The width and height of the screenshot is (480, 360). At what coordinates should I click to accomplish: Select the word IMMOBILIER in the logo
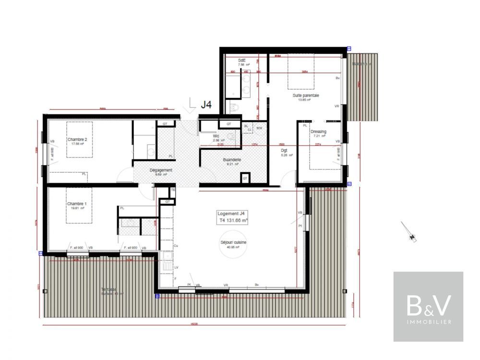click(429, 322)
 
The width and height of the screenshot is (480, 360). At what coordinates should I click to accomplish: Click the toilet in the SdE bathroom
click(233, 108)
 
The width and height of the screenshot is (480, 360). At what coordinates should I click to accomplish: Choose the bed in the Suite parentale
click(300, 72)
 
